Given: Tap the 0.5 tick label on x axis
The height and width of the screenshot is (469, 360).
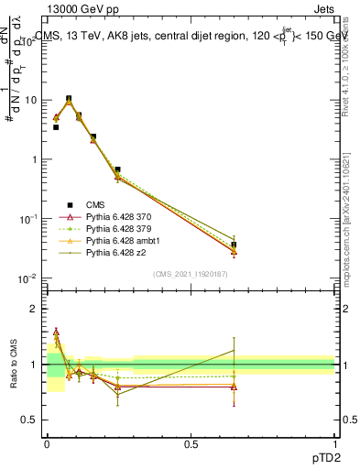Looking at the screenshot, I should coord(191,443).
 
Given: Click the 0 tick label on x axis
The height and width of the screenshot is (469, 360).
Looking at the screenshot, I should coord(47,443).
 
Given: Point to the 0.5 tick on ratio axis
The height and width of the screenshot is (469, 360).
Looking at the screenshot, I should coord(29,420).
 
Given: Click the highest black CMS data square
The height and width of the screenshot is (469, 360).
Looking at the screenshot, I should coord(69,99).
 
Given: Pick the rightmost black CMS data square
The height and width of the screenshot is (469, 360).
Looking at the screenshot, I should coord(234,245).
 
